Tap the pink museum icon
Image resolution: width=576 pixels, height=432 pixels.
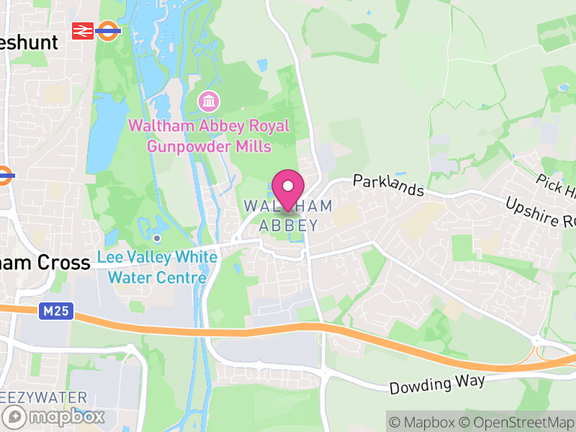click(x=209, y=102)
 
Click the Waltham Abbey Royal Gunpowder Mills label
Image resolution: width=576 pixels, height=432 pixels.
click(x=209, y=136)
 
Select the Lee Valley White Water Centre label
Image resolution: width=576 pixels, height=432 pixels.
click(x=158, y=267)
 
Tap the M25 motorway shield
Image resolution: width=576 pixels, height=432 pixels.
click(x=48, y=310)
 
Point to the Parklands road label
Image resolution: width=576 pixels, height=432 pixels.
click(x=388, y=185)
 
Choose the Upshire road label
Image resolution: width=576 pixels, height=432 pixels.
click(x=541, y=212)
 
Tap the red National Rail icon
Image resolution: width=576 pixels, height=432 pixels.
click(x=83, y=30)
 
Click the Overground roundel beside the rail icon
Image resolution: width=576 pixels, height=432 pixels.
click(x=109, y=30)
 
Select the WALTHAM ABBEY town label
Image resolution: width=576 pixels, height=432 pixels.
click(x=288, y=215)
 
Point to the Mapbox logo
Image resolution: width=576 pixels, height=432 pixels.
click(x=55, y=416)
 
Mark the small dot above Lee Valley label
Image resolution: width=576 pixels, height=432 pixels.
click(x=157, y=238)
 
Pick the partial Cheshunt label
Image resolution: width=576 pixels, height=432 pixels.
click(x=29, y=42)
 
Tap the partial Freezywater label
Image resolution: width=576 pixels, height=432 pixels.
click(x=43, y=397)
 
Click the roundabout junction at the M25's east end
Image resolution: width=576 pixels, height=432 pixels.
click(x=541, y=352)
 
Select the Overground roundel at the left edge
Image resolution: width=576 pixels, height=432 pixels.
click(x=6, y=174)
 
